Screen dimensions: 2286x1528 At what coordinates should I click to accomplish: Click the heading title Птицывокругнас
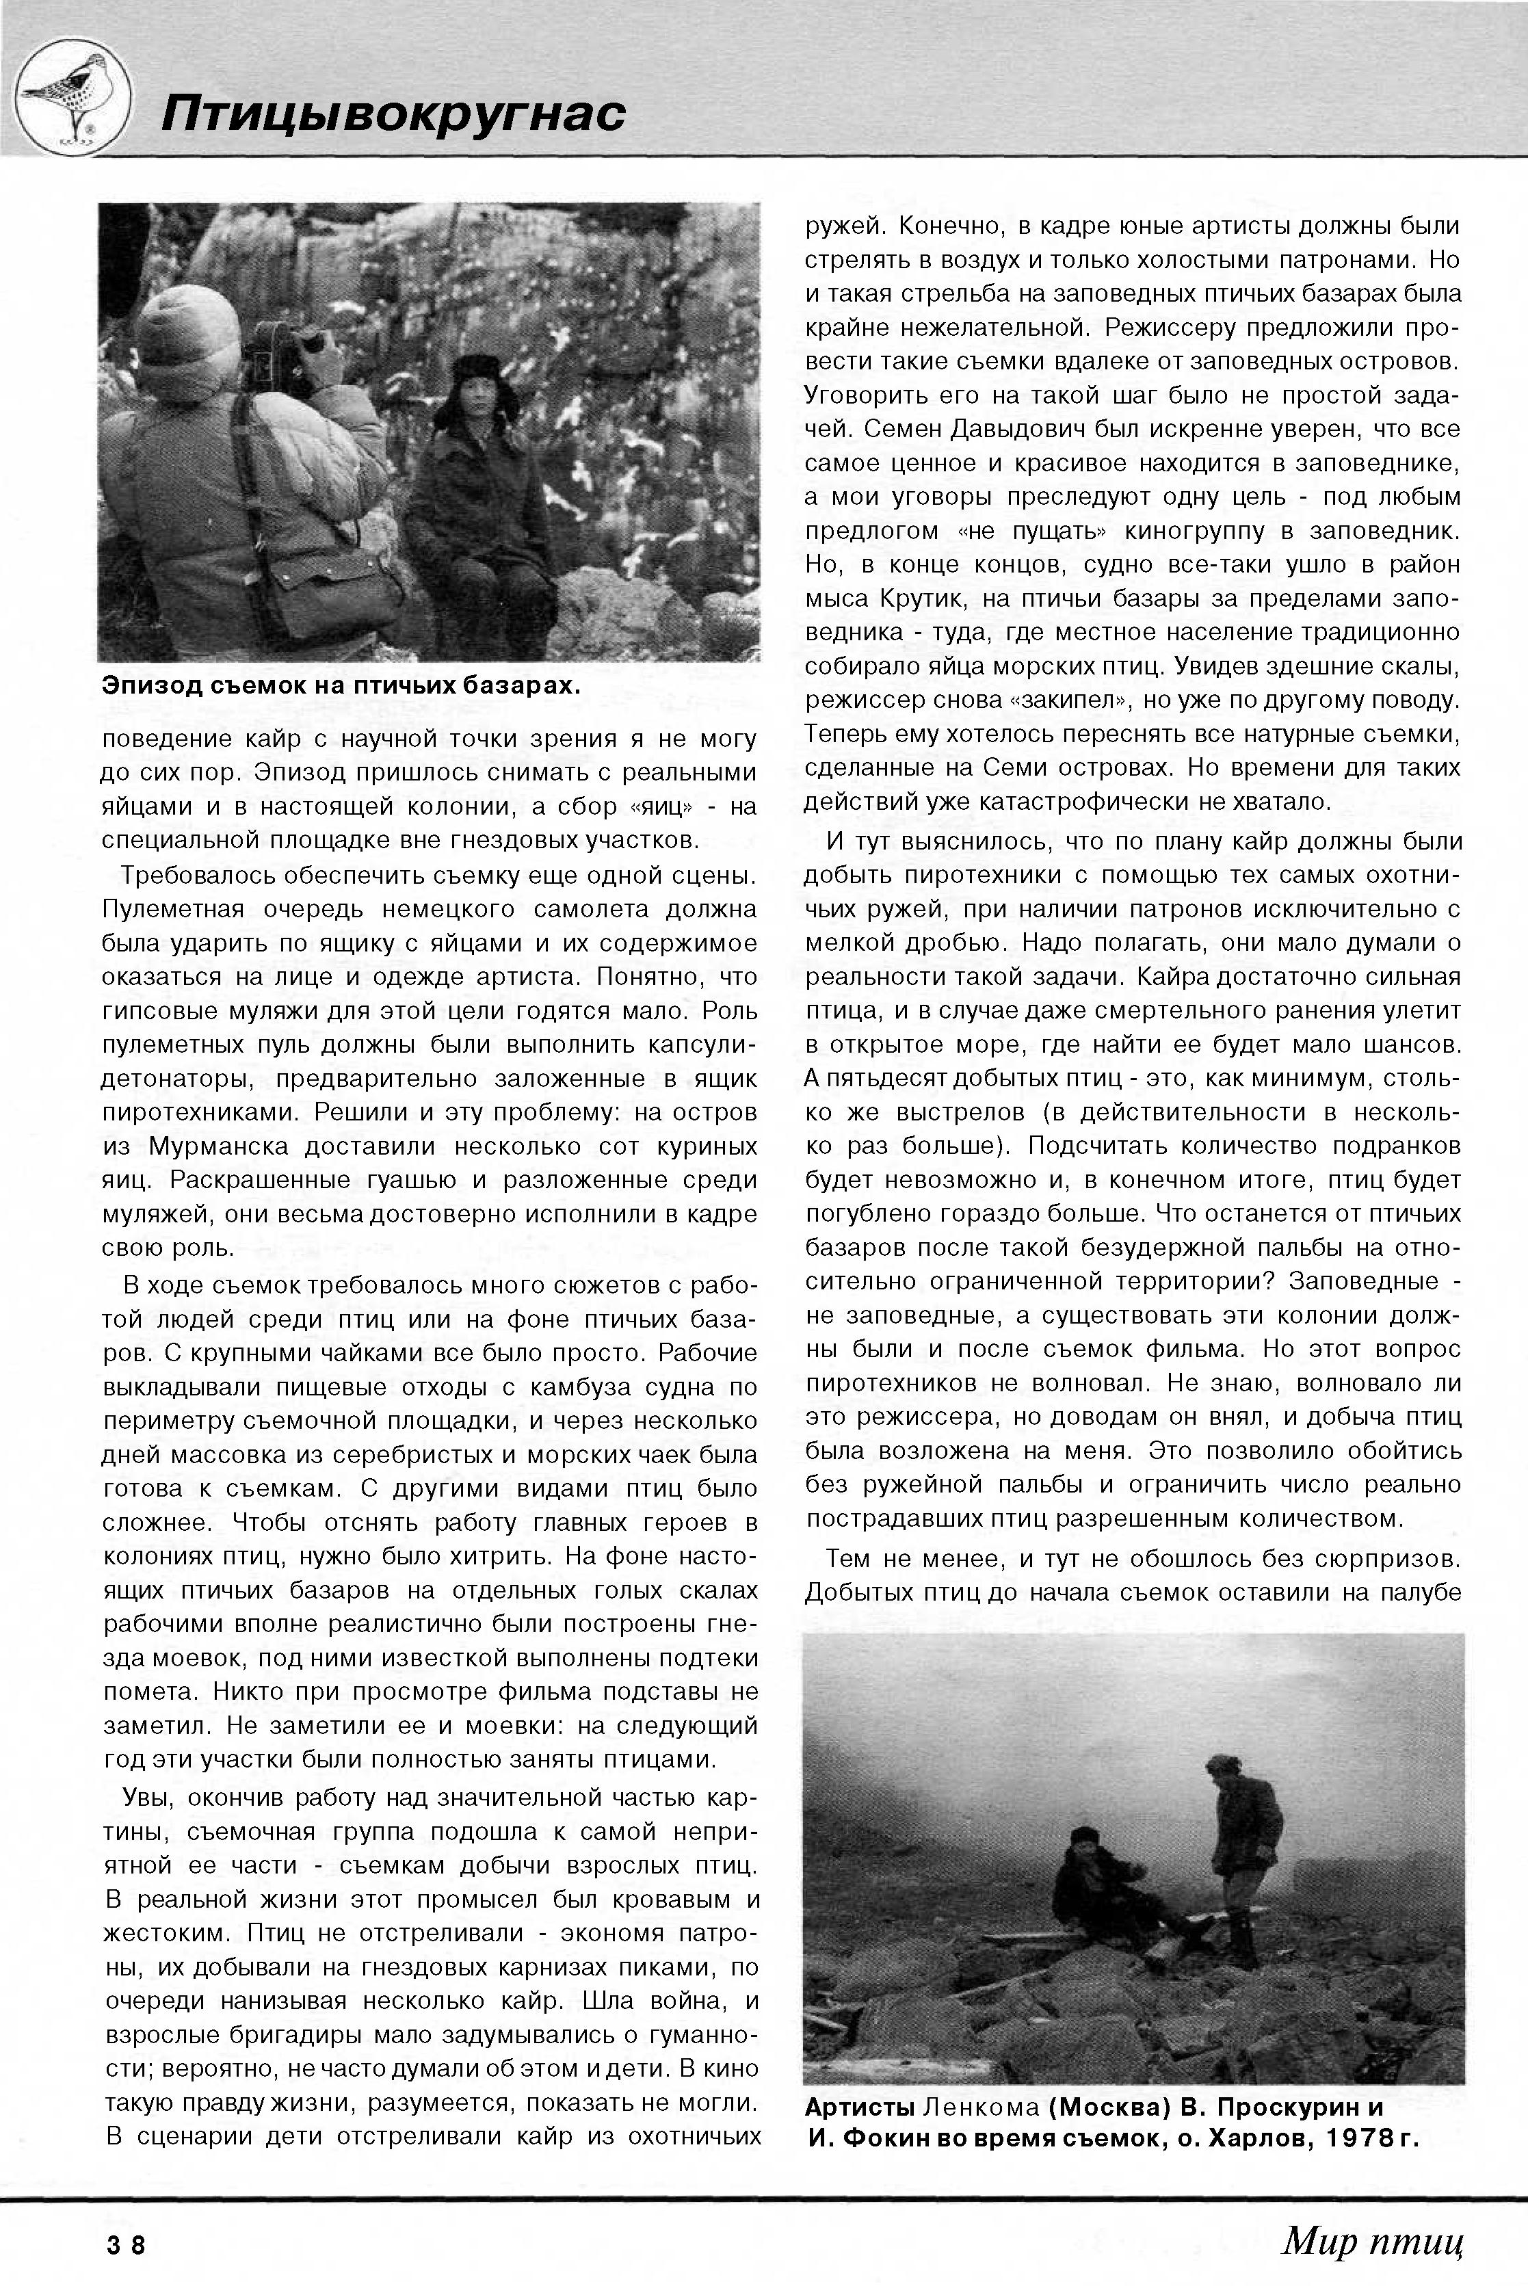(x=393, y=113)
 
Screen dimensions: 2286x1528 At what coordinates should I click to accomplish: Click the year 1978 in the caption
(x=1354, y=2140)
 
